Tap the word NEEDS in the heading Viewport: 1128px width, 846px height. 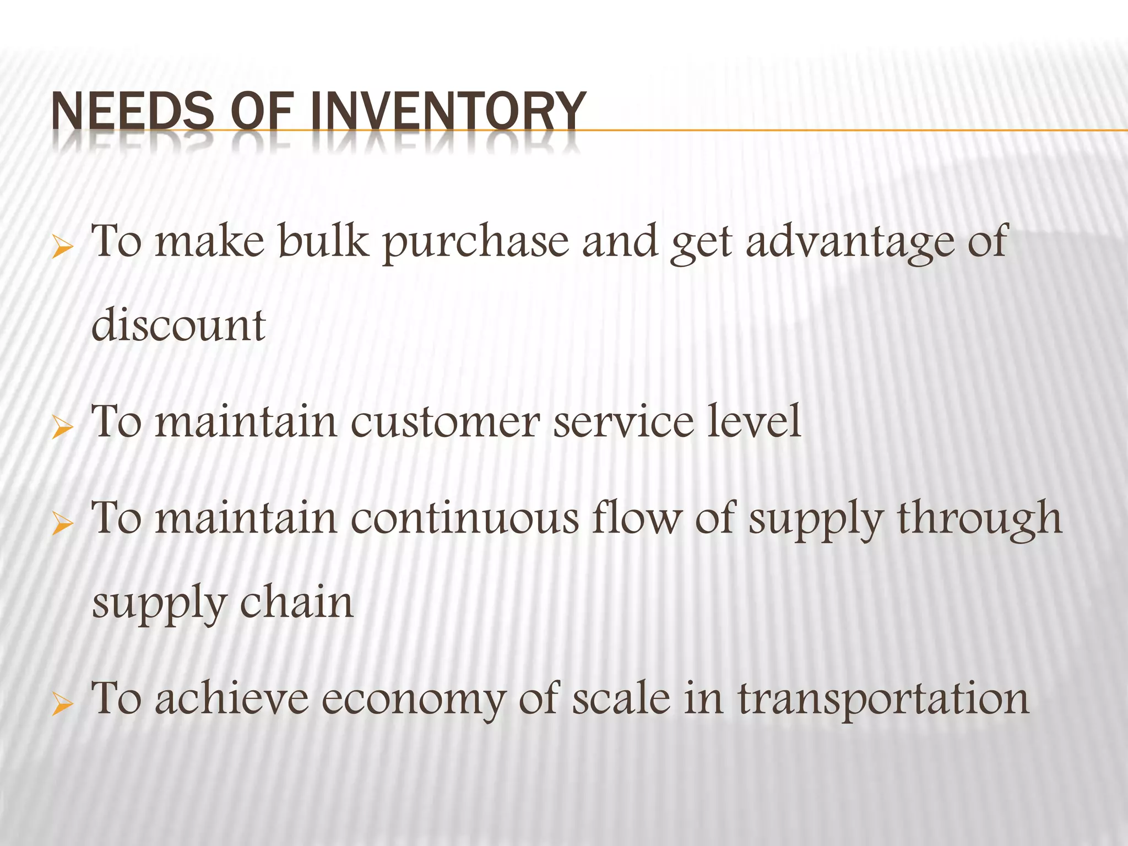(x=133, y=111)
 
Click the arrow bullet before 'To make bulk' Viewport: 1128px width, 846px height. (x=62, y=248)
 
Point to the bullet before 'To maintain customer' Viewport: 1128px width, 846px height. (x=62, y=428)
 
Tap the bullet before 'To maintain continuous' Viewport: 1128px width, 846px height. (x=62, y=524)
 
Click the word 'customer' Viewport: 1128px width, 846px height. (x=446, y=422)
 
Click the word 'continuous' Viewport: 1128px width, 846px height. (x=465, y=518)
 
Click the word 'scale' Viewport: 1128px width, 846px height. (x=622, y=698)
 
